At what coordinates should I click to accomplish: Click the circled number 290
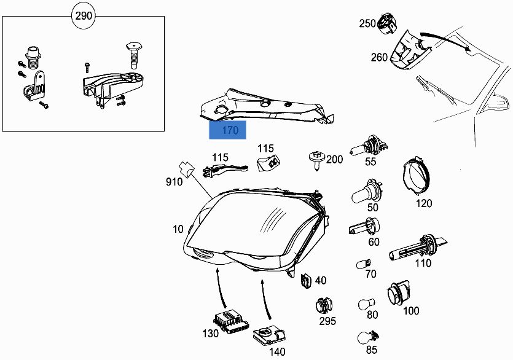pos(84,16)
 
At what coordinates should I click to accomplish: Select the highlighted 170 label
pos(228,130)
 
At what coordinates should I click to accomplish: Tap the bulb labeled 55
pos(367,149)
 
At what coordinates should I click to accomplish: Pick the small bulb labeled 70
pos(362,265)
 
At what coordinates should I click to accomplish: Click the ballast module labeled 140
pos(270,335)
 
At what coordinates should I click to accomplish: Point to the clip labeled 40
pos(305,280)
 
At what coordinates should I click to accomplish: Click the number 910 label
pos(174,182)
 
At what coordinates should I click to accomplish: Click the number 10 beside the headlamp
pos(178,229)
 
